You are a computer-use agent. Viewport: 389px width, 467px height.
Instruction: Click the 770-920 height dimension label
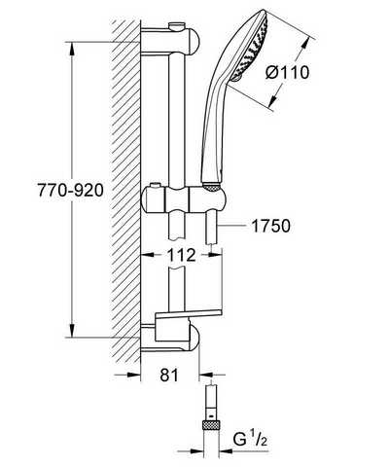[71, 190]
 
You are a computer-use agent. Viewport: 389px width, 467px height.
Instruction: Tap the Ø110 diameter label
[288, 72]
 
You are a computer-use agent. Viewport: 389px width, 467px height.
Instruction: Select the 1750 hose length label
[271, 226]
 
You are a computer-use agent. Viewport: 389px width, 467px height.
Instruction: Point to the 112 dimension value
[182, 255]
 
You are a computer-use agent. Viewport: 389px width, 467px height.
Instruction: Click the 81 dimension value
[169, 375]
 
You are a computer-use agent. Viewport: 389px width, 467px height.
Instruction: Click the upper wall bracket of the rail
[170, 41]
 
